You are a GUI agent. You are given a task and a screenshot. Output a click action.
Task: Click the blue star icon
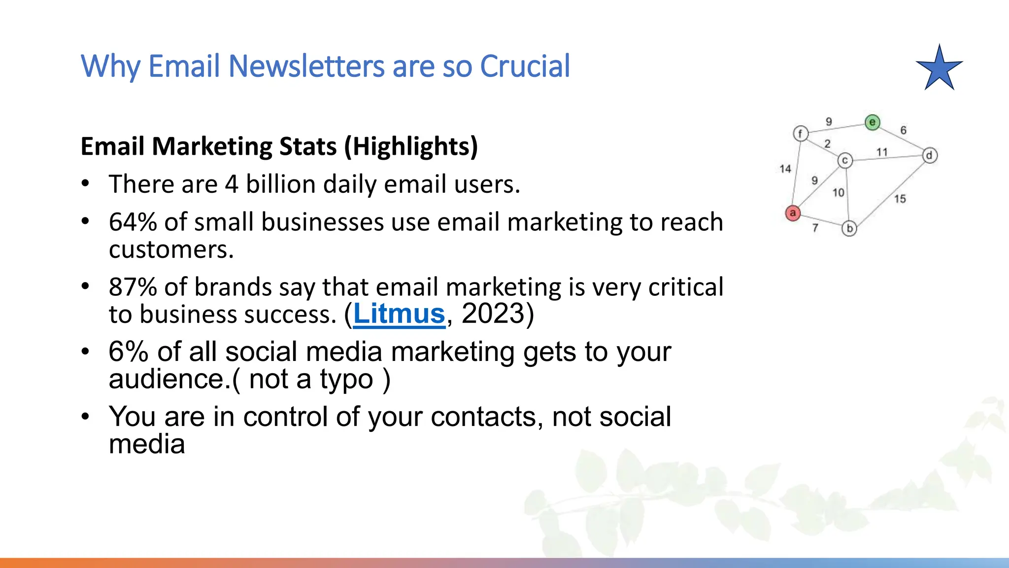(x=940, y=69)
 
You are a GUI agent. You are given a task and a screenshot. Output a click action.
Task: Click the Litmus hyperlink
(x=399, y=314)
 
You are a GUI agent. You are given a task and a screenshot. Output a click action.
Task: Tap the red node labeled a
(x=793, y=213)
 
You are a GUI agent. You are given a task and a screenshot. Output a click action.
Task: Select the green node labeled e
(x=873, y=122)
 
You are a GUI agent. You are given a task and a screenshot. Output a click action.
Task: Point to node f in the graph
(x=801, y=133)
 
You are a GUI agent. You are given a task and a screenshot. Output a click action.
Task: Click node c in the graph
(x=845, y=161)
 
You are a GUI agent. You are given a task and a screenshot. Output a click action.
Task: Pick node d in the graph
(x=930, y=156)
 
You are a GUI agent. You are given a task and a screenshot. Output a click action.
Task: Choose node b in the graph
(x=849, y=229)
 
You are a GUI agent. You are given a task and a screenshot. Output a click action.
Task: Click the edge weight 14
(x=785, y=169)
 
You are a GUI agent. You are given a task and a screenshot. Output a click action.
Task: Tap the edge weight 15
(x=900, y=199)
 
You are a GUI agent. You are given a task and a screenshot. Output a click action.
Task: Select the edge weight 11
(x=882, y=152)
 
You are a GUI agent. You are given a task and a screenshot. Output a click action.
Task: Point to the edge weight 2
(x=828, y=143)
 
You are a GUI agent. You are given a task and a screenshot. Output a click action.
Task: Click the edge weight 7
(x=815, y=228)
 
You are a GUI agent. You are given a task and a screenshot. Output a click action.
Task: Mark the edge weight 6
(x=903, y=130)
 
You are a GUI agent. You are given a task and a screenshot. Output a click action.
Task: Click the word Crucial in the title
(x=525, y=66)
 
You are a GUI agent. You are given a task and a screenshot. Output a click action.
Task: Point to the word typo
(x=346, y=380)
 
